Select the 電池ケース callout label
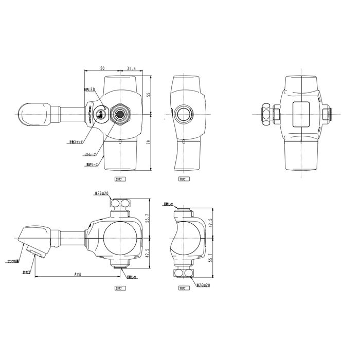pos(93,165)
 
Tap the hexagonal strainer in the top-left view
pos(121,113)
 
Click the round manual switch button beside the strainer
pos(101,115)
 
